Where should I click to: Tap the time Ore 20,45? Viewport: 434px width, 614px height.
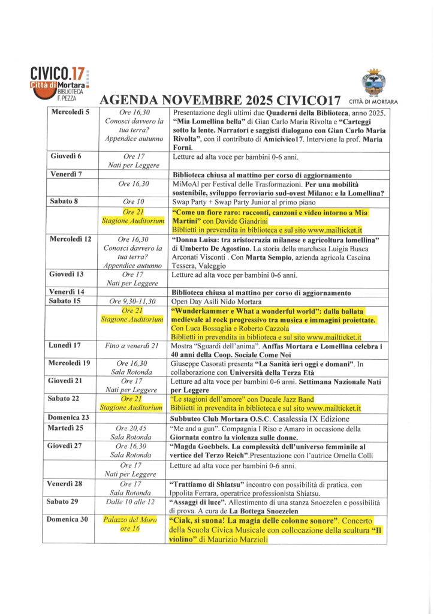tap(130, 428)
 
